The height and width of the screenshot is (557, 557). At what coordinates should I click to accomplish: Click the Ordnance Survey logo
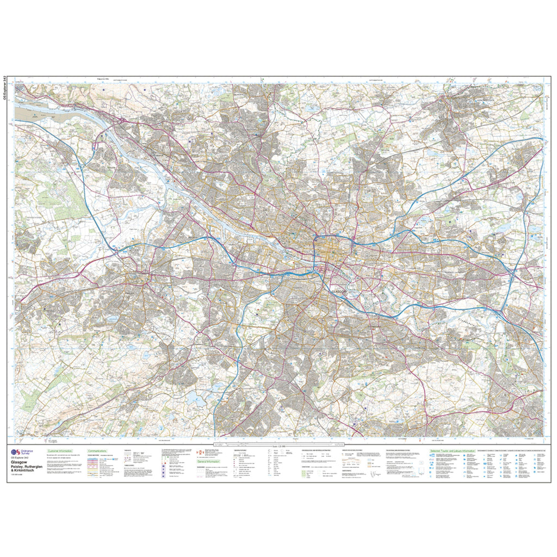coord(22,453)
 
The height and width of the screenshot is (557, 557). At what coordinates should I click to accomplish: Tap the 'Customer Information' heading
coord(60,451)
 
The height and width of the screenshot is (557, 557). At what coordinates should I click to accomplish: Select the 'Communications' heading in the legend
coord(98,451)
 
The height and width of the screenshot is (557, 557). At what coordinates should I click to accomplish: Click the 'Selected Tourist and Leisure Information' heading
coord(453,451)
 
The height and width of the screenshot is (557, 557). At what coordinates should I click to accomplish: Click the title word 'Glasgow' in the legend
coord(20,464)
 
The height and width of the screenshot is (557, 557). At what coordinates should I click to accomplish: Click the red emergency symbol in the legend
coord(199,452)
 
